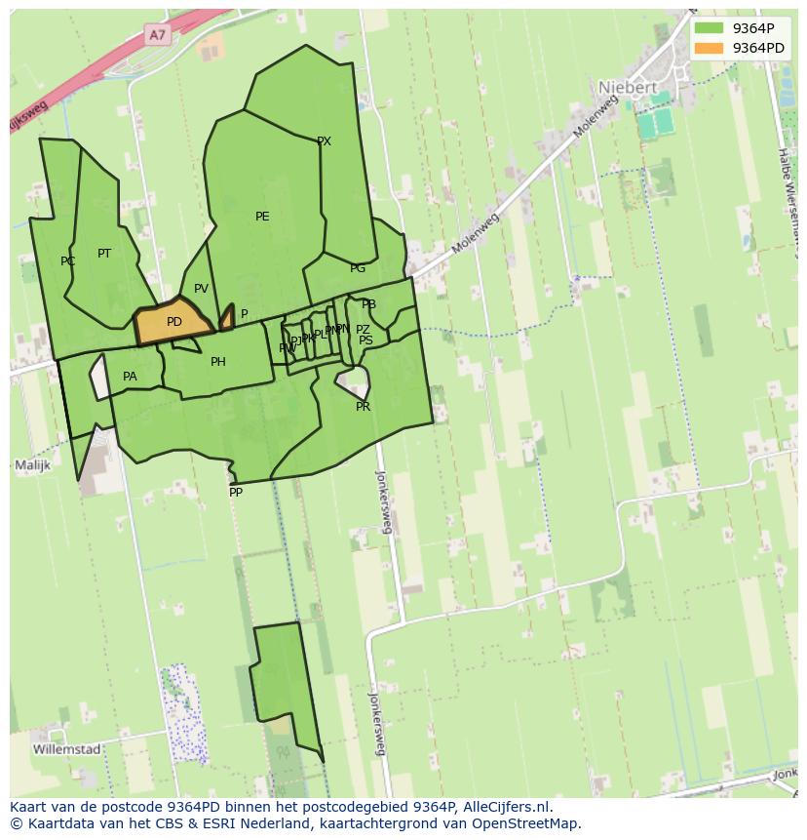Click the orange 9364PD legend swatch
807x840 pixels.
710,48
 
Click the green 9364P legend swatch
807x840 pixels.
710,28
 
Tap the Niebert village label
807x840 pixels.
627,87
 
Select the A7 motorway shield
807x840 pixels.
158,35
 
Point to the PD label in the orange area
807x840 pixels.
174,322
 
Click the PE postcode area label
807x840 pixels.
262,217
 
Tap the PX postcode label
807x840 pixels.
324,141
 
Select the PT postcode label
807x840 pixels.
104,254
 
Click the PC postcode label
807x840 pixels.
67,261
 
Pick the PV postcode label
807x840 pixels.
201,289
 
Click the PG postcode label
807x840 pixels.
358,268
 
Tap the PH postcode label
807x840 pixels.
218,362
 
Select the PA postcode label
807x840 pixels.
130,377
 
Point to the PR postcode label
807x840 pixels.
363,407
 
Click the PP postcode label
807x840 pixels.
236,493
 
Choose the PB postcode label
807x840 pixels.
368,305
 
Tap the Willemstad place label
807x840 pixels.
66,749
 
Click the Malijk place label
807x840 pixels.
32,465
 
